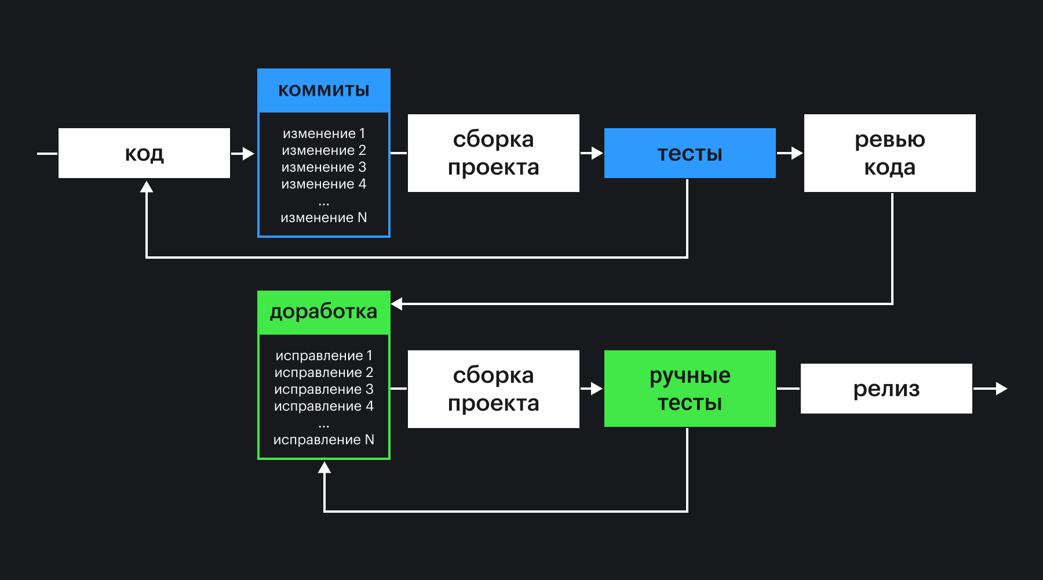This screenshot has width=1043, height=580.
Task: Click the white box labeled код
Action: click(x=144, y=153)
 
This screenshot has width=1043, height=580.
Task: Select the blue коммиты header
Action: click(x=323, y=90)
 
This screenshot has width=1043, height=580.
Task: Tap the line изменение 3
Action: click(x=323, y=167)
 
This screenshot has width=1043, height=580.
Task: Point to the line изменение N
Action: click(x=323, y=217)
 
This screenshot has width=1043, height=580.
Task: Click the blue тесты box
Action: click(x=690, y=153)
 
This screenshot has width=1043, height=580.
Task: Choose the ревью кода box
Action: click(x=889, y=153)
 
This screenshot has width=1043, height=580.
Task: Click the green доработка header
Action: click(x=323, y=312)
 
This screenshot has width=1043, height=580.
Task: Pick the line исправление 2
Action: click(x=323, y=372)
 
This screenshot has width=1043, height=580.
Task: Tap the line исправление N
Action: click(x=323, y=440)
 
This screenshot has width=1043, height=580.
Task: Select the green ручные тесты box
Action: click(x=690, y=389)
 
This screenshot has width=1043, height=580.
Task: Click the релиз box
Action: click(x=886, y=389)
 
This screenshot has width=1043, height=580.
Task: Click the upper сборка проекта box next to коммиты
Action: click(x=493, y=153)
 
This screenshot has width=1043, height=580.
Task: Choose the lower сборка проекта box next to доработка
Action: click(x=493, y=389)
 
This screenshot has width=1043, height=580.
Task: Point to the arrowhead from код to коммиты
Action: click(x=249, y=154)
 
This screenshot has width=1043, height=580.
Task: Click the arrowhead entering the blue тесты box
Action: click(x=597, y=153)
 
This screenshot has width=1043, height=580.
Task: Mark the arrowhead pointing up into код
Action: click(x=147, y=187)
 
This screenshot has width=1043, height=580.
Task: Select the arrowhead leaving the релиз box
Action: click(x=1001, y=389)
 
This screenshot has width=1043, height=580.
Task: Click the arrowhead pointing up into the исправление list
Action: click(x=324, y=467)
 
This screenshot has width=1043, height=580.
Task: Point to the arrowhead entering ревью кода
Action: click(x=797, y=153)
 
